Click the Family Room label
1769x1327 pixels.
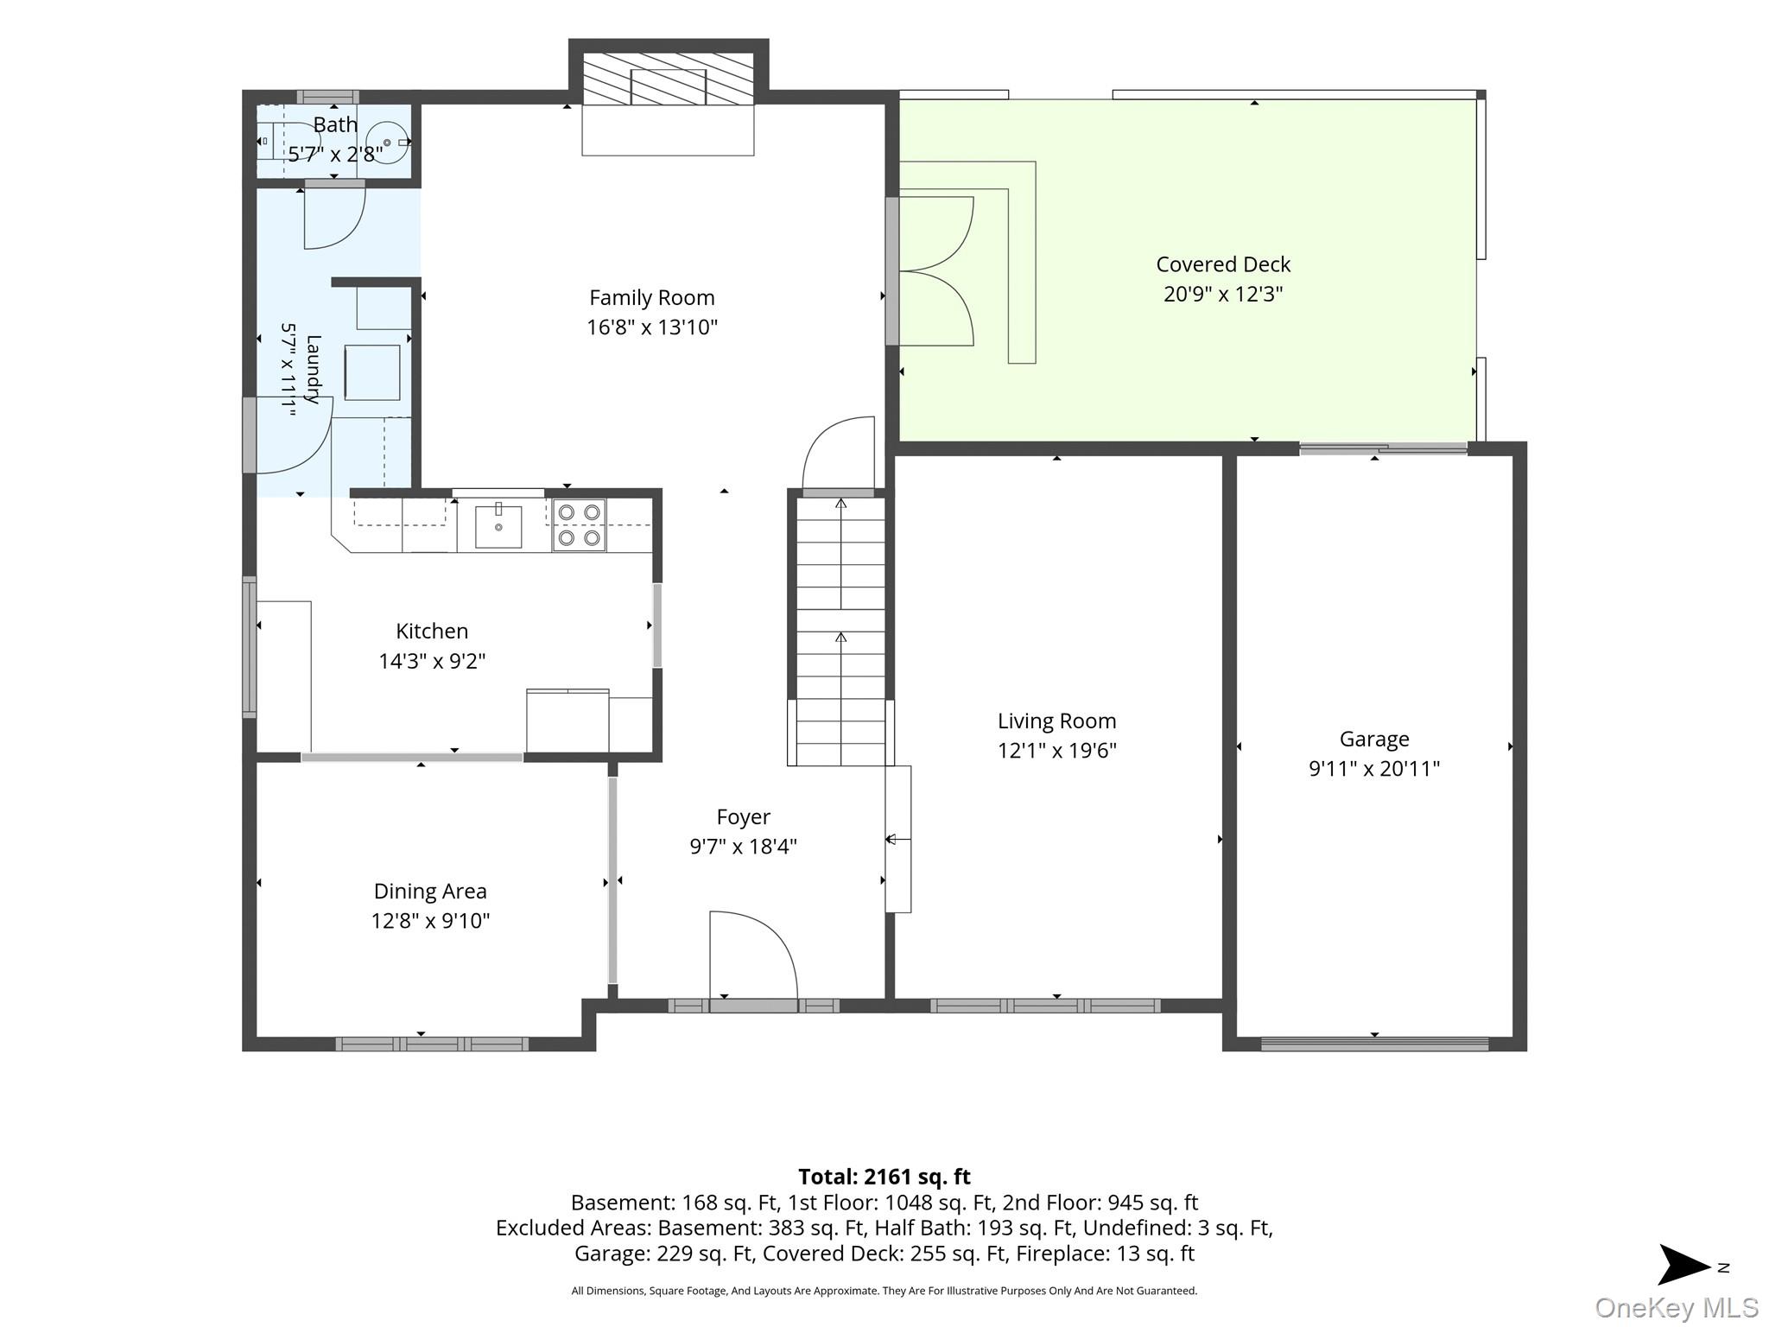(652, 298)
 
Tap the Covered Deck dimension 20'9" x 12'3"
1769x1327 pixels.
(1223, 294)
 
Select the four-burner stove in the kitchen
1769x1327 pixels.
(579, 525)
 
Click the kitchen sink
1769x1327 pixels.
(498, 527)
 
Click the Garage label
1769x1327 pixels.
(1374, 739)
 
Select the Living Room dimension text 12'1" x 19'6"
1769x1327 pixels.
(1057, 751)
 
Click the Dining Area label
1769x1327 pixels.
(430, 891)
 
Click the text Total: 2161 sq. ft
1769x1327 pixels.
(884, 1177)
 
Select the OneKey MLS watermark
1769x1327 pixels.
(1677, 1308)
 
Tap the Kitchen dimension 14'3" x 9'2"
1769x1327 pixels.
(432, 662)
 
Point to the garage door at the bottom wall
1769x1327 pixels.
(1374, 1044)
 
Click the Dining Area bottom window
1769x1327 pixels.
(432, 1044)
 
